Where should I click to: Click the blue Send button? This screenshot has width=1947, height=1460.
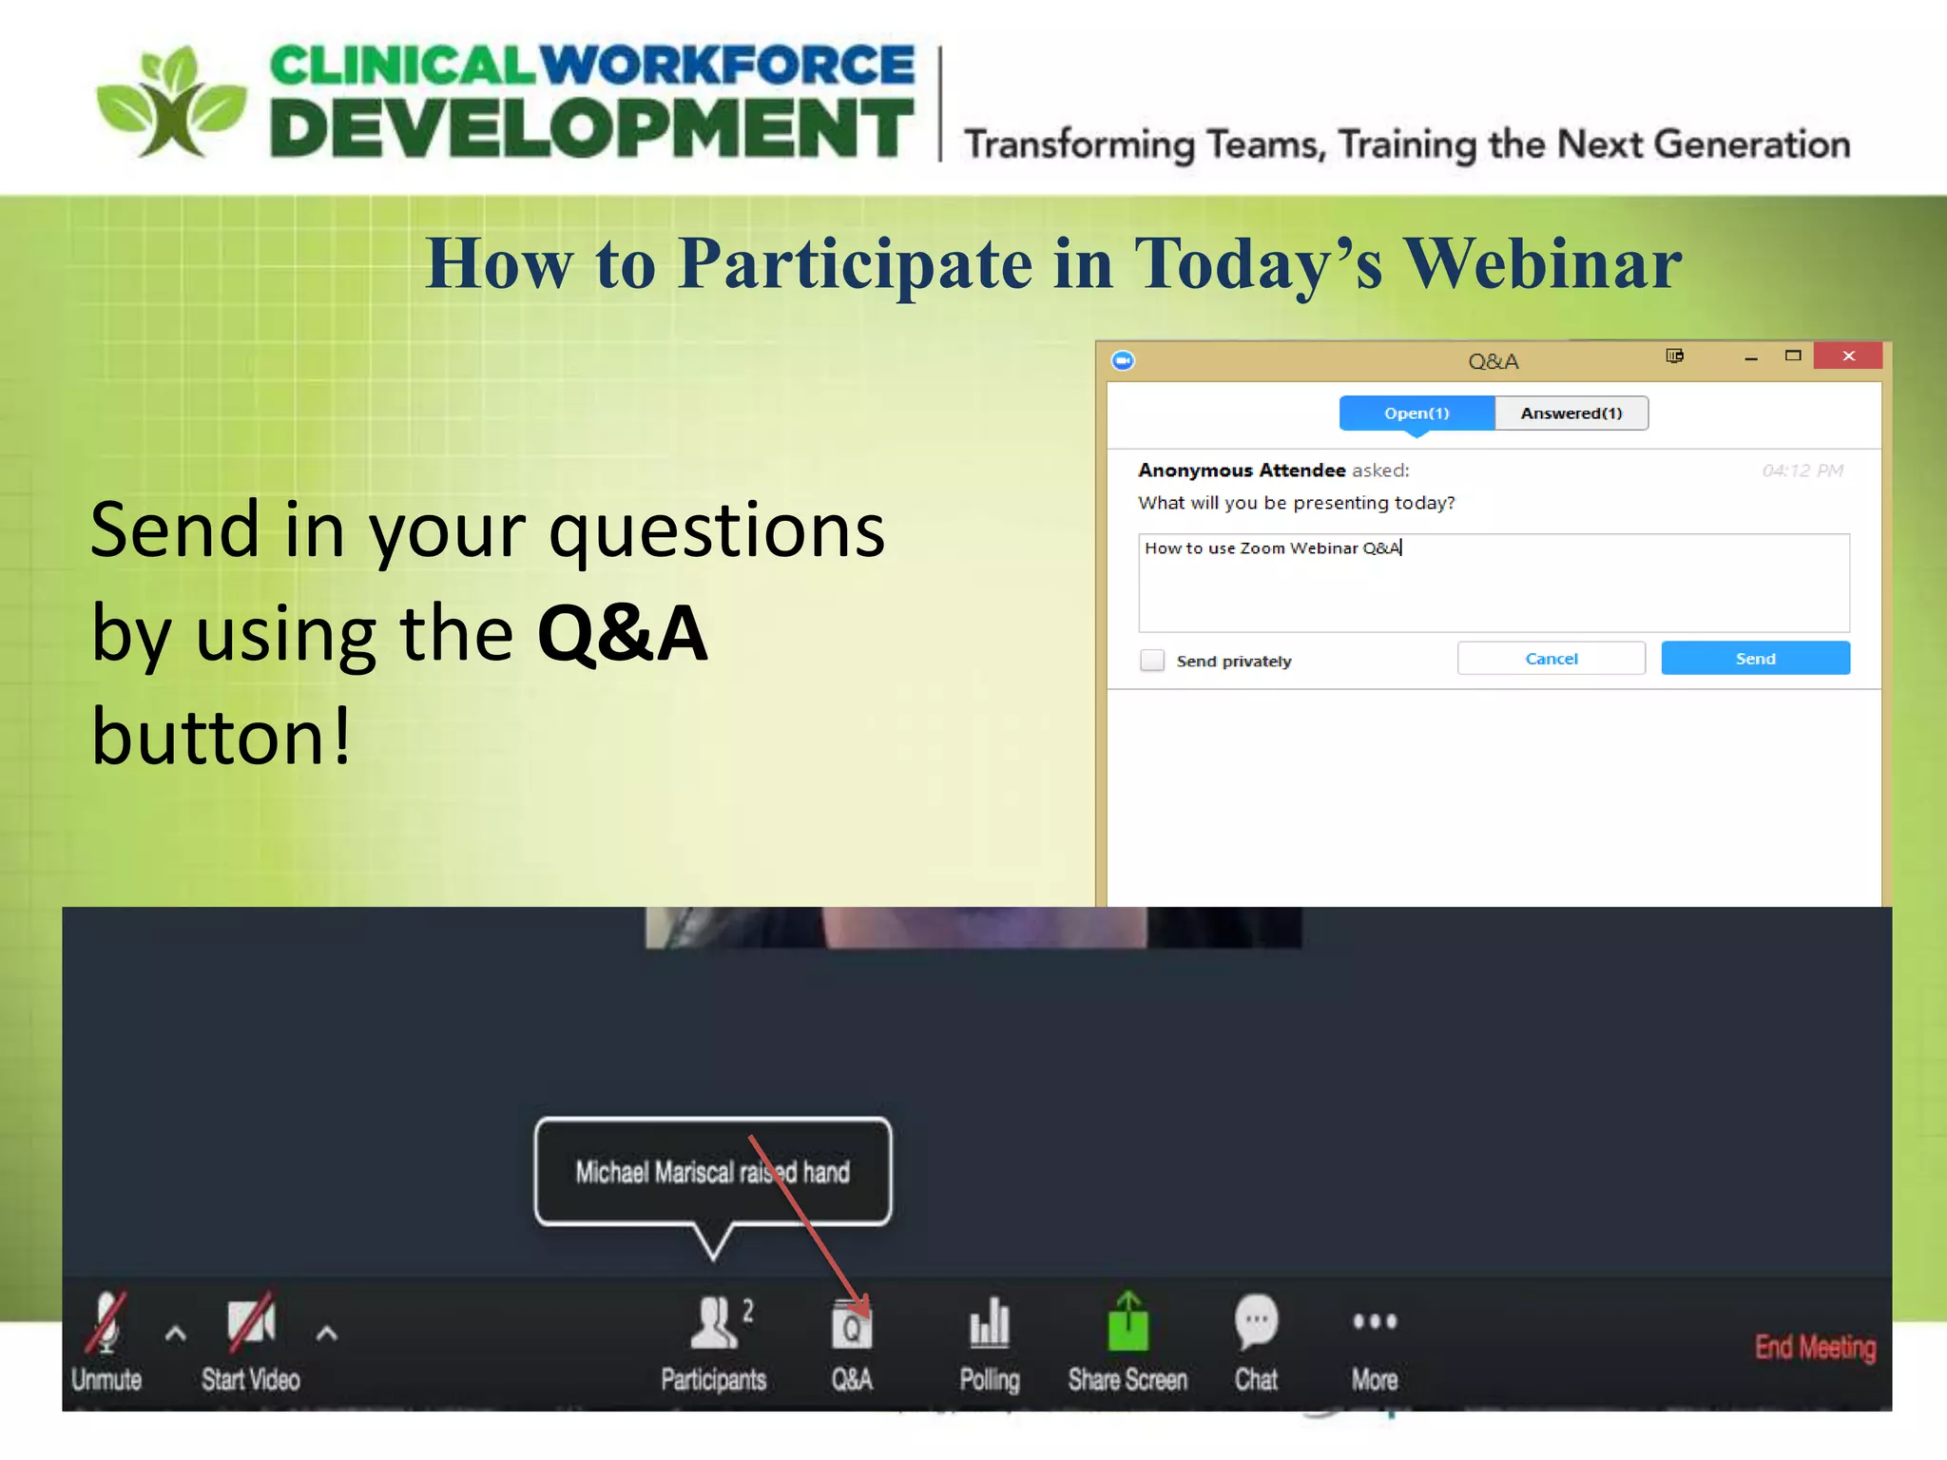pos(1755,659)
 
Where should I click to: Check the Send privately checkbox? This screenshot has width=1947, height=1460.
pos(1152,661)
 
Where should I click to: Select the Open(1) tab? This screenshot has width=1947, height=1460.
pos(1416,413)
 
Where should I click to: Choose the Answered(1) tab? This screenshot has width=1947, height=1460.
pos(1571,413)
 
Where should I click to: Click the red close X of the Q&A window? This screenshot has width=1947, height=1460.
pos(1848,356)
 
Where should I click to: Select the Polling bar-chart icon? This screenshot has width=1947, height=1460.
pos(990,1323)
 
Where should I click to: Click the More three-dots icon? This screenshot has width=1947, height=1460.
pos(1375,1321)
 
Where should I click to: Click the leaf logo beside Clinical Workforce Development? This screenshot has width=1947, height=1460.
pos(172,103)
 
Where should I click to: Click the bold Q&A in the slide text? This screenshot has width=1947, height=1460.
pos(623,634)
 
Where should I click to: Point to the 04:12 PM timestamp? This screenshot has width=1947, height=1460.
pos(1802,471)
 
